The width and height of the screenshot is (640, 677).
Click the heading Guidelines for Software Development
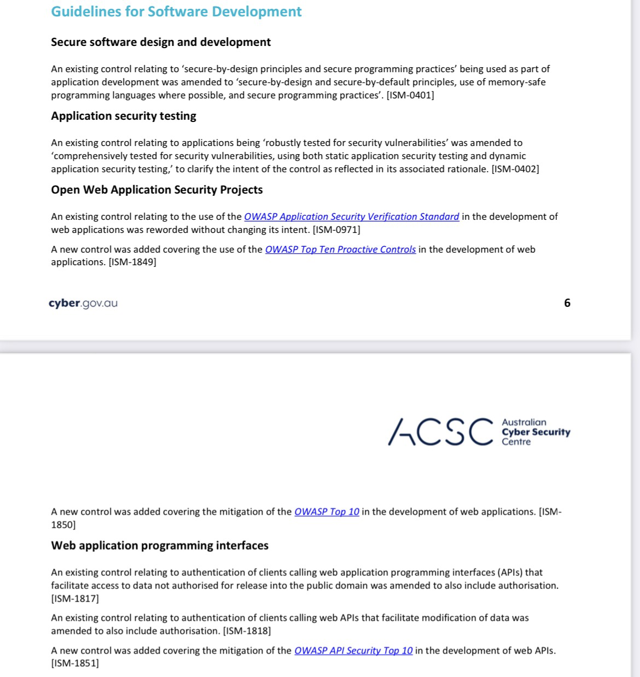[176, 12]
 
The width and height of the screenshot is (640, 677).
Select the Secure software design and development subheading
[161, 42]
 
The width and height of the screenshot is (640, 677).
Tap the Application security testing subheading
[124, 116]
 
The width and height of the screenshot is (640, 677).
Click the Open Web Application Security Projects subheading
[157, 190]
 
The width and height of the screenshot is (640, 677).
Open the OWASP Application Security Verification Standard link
[351, 217]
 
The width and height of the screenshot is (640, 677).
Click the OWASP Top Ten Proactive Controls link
[340, 249]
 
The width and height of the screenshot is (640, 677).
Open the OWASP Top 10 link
[327, 512]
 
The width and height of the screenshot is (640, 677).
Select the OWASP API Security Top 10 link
[353, 651]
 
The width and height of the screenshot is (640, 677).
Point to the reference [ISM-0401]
[410, 95]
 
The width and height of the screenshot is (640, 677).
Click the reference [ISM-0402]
[515, 169]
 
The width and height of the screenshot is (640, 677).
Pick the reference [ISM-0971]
[336, 230]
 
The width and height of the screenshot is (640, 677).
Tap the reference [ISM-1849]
[132, 262]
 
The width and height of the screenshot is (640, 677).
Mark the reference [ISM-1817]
[75, 598]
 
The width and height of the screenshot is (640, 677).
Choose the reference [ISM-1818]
[247, 631]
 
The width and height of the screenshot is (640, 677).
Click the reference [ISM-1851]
[75, 663]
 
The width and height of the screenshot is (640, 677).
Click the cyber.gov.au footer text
[83, 303]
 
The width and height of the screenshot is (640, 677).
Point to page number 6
[567, 303]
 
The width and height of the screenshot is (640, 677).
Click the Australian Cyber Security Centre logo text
[536, 432]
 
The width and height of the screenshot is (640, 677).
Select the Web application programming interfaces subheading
[160, 545]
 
